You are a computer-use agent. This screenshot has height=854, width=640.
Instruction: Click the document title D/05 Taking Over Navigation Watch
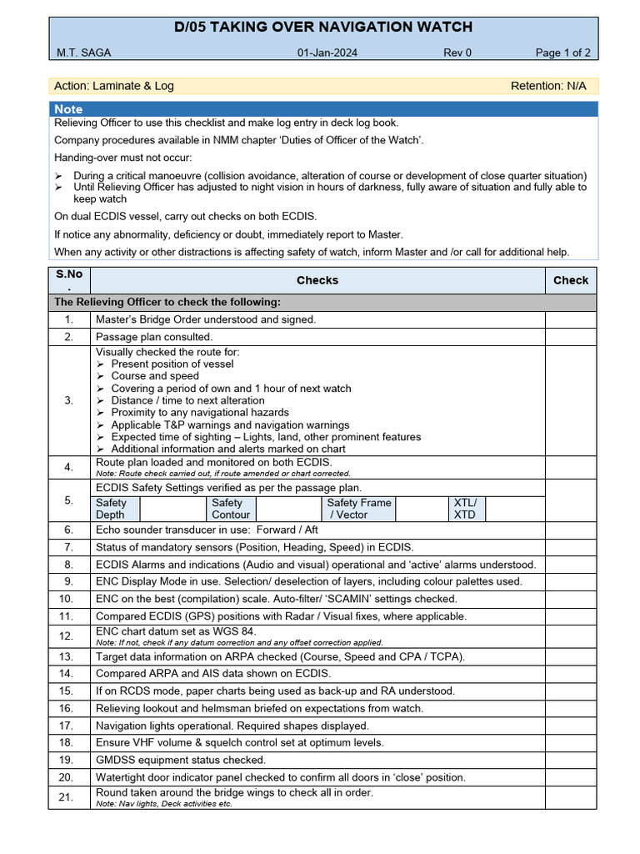[x=323, y=28]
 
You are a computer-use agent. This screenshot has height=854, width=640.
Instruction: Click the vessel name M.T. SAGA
[x=83, y=53]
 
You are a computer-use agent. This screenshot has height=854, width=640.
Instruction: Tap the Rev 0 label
[x=457, y=53]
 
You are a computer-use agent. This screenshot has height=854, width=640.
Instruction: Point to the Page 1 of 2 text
[x=562, y=53]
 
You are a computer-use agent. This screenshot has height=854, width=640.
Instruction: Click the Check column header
[x=570, y=280]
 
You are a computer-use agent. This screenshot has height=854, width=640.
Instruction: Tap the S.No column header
[x=69, y=280]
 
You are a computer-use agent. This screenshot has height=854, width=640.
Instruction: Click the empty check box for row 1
[x=570, y=319]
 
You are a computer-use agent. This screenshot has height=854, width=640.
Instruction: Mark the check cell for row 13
[x=570, y=656]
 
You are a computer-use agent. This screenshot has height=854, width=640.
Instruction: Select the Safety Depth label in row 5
[x=112, y=509]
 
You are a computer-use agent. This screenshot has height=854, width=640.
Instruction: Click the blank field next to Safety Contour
[x=288, y=509]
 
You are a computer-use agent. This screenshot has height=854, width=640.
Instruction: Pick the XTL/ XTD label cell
[x=466, y=509]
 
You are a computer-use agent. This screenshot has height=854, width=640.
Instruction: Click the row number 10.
[x=69, y=599]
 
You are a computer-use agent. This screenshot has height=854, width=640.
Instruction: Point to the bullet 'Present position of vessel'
[x=172, y=364]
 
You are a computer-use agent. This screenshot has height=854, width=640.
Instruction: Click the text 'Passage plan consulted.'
[x=154, y=337]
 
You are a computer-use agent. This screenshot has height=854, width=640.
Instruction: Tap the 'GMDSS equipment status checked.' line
[x=181, y=760]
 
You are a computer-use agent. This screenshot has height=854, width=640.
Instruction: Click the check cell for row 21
[x=570, y=797]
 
